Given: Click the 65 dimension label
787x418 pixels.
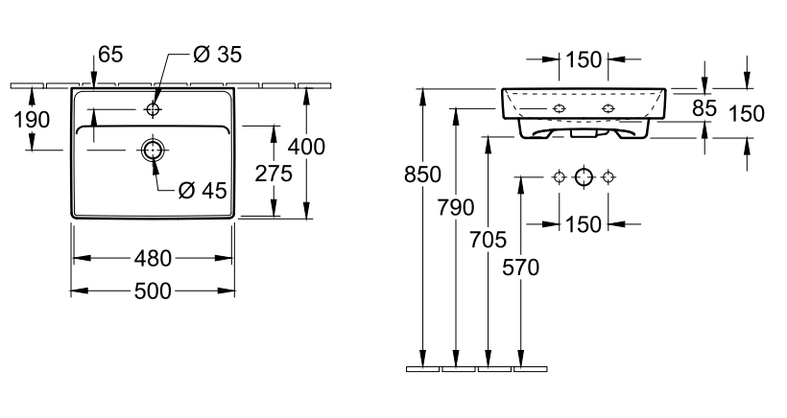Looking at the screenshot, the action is [110, 54].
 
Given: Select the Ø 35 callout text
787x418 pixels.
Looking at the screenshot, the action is [217, 54].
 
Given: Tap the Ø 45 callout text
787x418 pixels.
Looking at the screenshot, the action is [203, 190].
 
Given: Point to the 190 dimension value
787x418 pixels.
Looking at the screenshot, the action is [32, 120].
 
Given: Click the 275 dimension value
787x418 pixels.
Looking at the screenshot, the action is [274, 174].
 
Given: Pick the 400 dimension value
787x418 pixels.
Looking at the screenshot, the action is [306, 147].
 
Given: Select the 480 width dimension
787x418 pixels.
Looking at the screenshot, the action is [154, 259].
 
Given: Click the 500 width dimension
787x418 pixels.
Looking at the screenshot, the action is [154, 291].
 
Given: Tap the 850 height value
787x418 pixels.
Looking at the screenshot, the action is [422, 174].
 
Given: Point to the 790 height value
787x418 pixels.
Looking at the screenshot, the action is [456, 207].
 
